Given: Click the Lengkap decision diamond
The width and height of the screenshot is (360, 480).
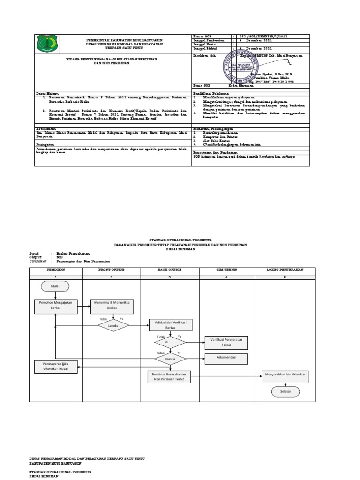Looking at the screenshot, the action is point(112,324).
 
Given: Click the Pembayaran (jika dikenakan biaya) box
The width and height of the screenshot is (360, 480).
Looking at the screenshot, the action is point(55,366).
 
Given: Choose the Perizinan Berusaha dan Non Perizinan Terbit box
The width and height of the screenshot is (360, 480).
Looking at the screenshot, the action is point(170,377).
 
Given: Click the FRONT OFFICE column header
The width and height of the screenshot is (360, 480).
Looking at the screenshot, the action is point(112,270).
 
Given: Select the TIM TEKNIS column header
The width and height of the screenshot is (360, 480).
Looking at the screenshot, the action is point(226,270).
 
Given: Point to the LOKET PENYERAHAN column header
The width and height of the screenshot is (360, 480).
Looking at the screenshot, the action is point(285,270).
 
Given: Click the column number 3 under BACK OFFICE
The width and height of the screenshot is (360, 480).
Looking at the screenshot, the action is point(170,277).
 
